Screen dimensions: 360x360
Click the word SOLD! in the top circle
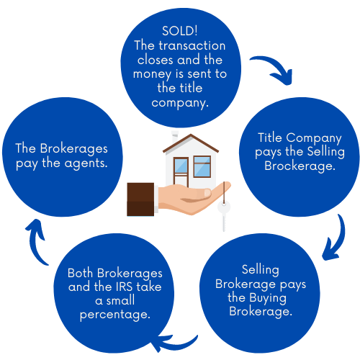click(180, 31)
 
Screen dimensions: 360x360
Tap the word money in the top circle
click(152, 74)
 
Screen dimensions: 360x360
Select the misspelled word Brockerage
click(300, 166)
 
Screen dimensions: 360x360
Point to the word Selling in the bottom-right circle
click(261, 270)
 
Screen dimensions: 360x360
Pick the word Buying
click(268, 298)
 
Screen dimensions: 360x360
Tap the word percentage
click(115, 315)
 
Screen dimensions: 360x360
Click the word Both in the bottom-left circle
click(80, 273)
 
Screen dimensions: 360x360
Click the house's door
click(181, 171)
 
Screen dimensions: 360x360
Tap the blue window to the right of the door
click(202, 166)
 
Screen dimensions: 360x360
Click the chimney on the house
click(175, 138)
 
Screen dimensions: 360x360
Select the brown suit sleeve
click(140, 199)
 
